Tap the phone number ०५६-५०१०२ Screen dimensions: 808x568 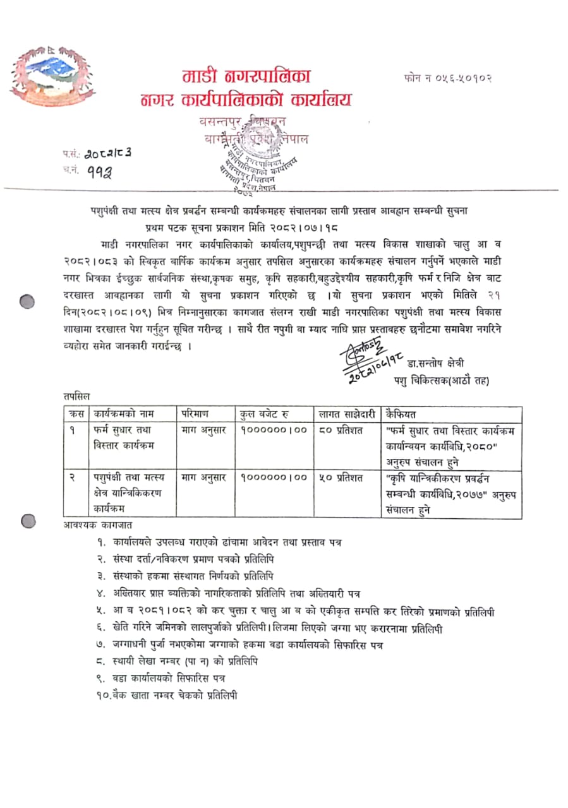(x=447, y=78)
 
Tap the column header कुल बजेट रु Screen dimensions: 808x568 (x=265, y=414)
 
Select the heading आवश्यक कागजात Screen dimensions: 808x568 (x=98, y=525)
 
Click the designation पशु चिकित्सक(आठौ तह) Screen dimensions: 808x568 (x=448, y=380)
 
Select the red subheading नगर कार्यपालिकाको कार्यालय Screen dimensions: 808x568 (x=246, y=100)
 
